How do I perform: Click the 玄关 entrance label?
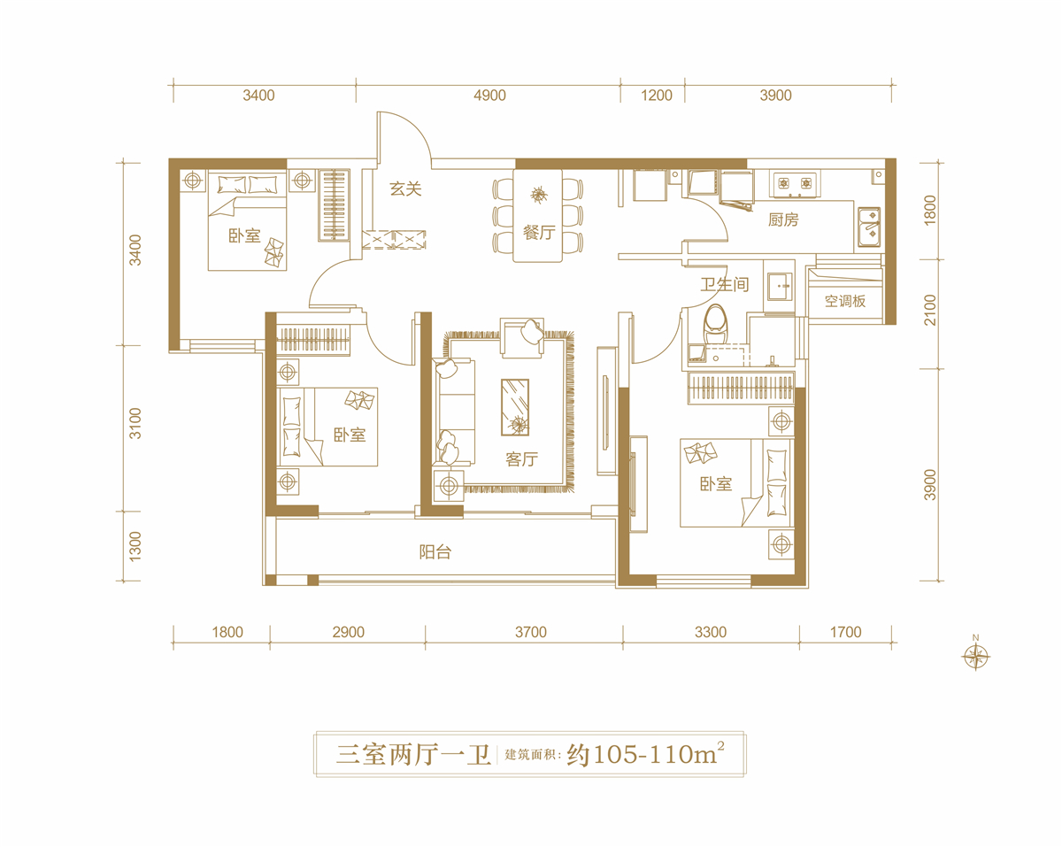[x=405, y=189]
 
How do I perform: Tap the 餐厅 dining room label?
[x=539, y=233]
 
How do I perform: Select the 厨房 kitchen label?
[x=783, y=219]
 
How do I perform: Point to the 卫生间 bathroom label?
[x=725, y=284]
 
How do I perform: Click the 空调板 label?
[x=845, y=301]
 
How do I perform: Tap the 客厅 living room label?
[x=521, y=459]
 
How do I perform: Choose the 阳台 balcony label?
[x=435, y=552]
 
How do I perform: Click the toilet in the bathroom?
[x=716, y=323]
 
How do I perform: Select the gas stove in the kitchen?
[x=795, y=184]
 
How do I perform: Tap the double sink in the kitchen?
[x=868, y=227]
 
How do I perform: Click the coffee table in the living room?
[x=515, y=407]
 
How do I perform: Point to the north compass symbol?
[x=975, y=656]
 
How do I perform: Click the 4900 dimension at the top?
[x=489, y=96]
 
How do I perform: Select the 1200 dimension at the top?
[x=657, y=96]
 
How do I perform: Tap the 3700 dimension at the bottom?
[x=530, y=632]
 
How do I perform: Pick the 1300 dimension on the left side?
[x=135, y=546]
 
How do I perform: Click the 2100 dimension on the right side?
[x=930, y=310]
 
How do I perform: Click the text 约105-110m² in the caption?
[x=646, y=754]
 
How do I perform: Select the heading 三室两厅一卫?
[x=413, y=755]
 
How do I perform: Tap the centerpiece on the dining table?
[x=539, y=194]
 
